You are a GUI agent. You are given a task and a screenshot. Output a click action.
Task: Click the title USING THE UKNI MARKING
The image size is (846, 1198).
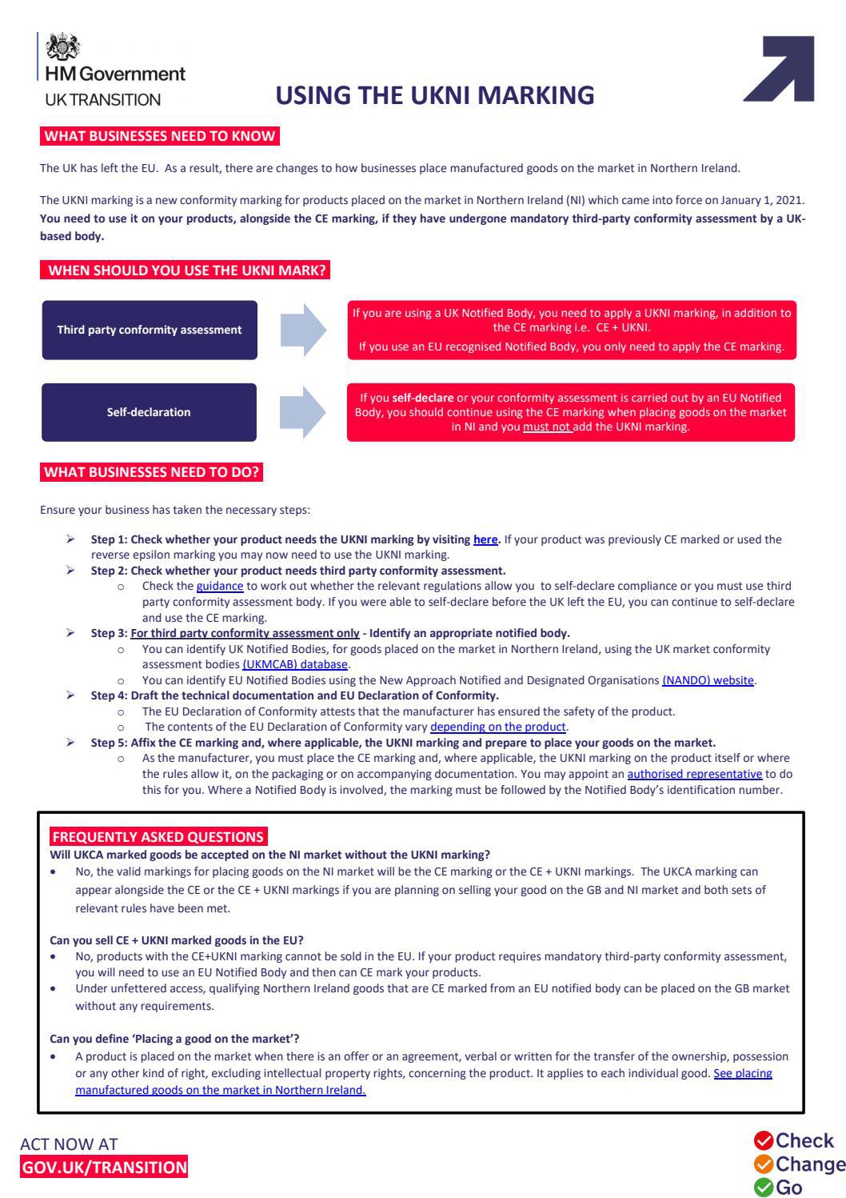[x=435, y=95]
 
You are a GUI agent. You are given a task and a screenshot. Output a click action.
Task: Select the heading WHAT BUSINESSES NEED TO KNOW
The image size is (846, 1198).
[x=160, y=136]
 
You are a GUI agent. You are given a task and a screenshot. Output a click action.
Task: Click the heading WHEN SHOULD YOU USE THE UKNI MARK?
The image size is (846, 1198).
[x=186, y=270]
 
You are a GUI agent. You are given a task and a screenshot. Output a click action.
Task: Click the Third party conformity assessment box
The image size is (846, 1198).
[x=150, y=330]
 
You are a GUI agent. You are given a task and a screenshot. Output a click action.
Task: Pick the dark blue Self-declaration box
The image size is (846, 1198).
[x=150, y=412]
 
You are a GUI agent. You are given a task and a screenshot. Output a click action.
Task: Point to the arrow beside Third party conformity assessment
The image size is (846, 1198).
[x=303, y=330]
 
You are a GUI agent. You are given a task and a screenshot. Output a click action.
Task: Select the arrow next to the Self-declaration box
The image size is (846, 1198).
[x=303, y=412]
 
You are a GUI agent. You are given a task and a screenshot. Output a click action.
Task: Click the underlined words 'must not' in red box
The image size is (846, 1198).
[x=547, y=427]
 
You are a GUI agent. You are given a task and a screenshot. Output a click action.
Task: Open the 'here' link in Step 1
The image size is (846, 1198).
[x=485, y=539]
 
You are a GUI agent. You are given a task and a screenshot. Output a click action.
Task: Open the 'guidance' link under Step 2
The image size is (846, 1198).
[x=219, y=586]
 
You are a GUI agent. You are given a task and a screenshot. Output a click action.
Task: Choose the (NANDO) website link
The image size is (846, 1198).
[x=708, y=680]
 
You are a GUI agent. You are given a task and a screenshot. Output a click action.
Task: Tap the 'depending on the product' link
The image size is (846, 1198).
[x=498, y=727]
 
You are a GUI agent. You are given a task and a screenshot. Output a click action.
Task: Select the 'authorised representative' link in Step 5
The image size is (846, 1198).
[x=694, y=774]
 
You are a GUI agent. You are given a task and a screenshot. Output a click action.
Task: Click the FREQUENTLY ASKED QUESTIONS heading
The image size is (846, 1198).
[x=158, y=837]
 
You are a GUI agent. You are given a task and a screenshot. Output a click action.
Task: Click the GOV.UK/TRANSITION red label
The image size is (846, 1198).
[x=104, y=1167]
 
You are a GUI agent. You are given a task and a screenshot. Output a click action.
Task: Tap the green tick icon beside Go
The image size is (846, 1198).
[x=763, y=1187]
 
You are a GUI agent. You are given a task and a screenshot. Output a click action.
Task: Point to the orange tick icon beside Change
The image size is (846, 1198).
[x=763, y=1164]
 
